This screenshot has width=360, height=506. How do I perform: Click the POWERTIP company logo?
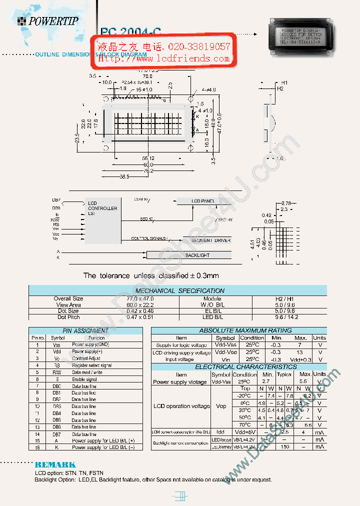pyautogui.click(x=48, y=21)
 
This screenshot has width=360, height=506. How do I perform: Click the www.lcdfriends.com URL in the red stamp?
pyautogui.click(x=163, y=58)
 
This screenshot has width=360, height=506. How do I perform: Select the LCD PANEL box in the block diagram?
pyautogui.click(x=202, y=201)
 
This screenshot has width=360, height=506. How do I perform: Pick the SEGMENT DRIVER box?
pyautogui.click(x=210, y=240)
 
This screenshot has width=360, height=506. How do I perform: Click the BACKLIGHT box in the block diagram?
pyautogui.click(x=197, y=255)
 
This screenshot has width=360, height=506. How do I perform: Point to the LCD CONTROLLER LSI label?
pyautogui.click(x=102, y=208)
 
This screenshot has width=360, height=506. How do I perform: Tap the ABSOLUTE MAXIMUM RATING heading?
pyautogui.click(x=238, y=330)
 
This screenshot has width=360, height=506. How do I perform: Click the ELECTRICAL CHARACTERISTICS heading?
pyautogui.click(x=239, y=366)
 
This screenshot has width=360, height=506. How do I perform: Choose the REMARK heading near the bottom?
pyautogui.click(x=55, y=464)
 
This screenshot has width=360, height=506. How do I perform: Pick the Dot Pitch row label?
pyautogui.click(x=68, y=317)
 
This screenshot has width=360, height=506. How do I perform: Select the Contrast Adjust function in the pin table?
pyautogui.click(x=86, y=358)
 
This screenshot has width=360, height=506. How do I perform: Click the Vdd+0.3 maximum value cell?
pyautogui.click(x=299, y=359)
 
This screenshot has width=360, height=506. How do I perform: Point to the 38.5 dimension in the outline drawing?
pyautogui.click(x=123, y=177)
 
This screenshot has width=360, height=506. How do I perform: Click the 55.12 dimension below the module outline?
pyautogui.click(x=148, y=158)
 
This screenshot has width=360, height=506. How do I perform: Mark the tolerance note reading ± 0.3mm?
pyautogui.click(x=151, y=275)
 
